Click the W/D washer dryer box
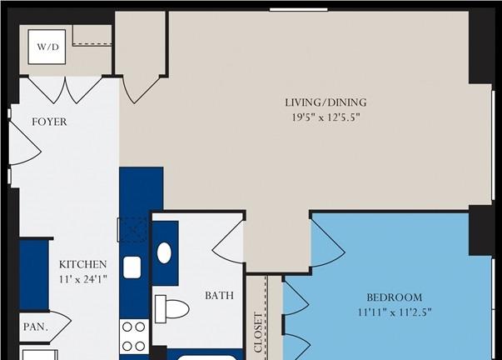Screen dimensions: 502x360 [47, 47]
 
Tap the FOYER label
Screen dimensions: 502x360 [50, 122]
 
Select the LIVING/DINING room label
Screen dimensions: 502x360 [326, 102]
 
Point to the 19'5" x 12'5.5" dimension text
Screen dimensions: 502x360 [326, 117]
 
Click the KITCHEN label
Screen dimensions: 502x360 [82, 264]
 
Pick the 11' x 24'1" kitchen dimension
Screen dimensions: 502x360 [82, 279]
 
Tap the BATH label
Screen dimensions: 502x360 [219, 295]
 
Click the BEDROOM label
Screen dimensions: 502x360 [394, 297]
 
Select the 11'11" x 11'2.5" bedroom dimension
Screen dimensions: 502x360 [395, 312]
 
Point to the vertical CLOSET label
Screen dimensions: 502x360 [258, 332]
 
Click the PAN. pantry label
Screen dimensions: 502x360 [36, 327]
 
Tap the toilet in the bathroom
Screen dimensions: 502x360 [172, 309]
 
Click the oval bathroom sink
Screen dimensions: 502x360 [164, 253]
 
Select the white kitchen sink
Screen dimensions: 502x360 [132, 267]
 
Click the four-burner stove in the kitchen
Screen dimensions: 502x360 [134, 337]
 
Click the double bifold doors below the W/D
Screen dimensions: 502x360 [65, 90]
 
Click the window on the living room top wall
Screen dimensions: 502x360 [298, 10]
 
